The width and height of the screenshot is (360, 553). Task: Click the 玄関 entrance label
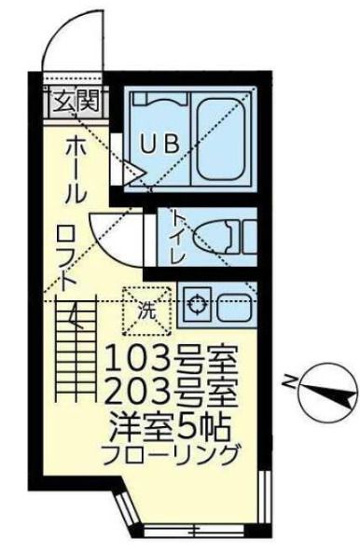pyautogui.click(x=76, y=100)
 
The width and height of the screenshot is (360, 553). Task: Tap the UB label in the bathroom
pyautogui.click(x=159, y=144)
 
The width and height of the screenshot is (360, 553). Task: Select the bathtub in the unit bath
pyautogui.click(x=221, y=139)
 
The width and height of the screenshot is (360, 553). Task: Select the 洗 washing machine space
pyautogui.click(x=146, y=311)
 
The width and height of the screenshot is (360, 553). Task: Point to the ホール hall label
pyautogui.click(x=75, y=170)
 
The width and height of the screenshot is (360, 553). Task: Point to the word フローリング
pyautogui.click(x=169, y=455)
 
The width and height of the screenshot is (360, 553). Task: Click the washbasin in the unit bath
pyautogui.click(x=158, y=99)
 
